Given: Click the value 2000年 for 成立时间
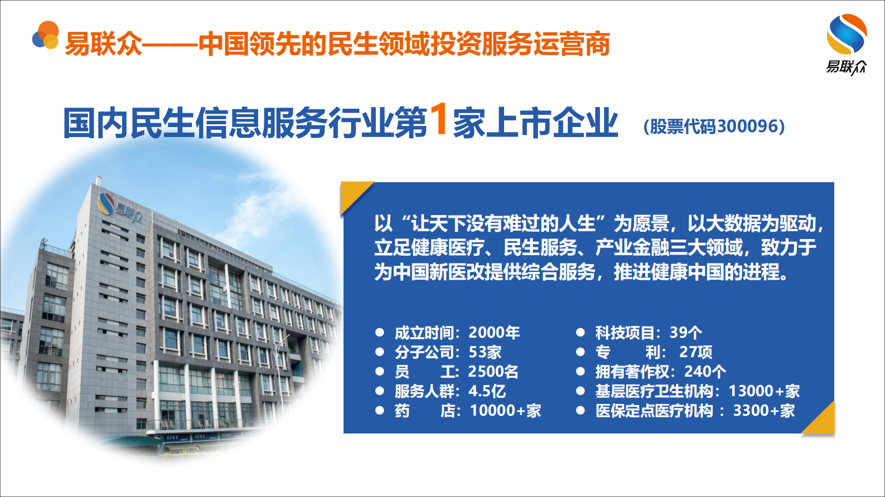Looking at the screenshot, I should pos(494,333).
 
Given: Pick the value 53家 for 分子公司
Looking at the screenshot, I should pos(485,352).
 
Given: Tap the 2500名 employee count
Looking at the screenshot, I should pos(493,372).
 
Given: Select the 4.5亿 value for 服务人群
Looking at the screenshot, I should pos(487,391).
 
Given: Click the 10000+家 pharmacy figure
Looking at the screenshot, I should pos(505,411).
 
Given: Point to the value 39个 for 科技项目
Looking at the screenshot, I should pos(685,333).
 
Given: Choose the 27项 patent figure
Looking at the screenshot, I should pos(695,352).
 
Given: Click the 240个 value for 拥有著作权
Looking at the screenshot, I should pos(705,372).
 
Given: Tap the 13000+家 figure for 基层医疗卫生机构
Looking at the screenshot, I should pos(764,391).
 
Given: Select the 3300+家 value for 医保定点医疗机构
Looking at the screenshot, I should pos(763,411).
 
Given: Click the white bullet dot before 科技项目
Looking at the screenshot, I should pos(581,333).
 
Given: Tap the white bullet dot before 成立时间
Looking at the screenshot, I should pos(380,333).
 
